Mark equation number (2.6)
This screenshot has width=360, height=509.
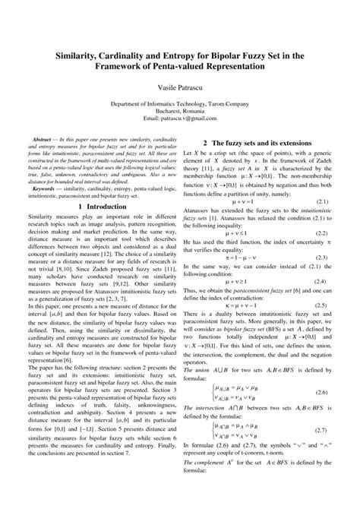[x=321, y=413]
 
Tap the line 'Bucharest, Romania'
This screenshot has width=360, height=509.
[x=180, y=112]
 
